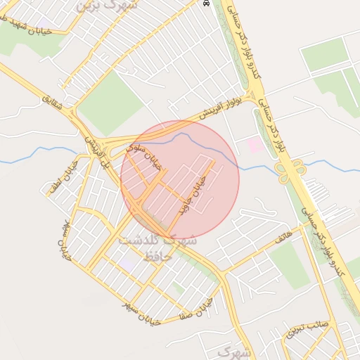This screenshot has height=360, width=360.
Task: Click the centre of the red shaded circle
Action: click(x=180, y=180)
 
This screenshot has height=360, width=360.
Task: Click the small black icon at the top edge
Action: click(x=206, y=3)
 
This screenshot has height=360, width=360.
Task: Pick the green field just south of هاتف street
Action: click(x=290, y=264)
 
